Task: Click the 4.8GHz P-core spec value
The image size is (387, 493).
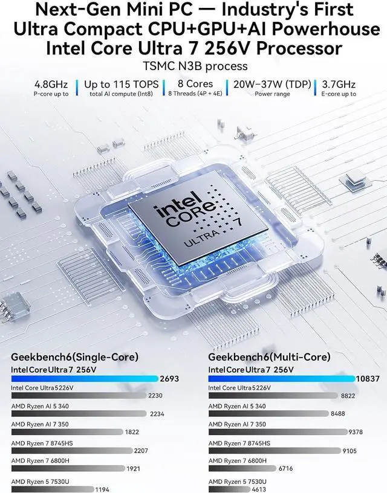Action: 51,84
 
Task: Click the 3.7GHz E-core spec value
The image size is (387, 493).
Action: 340,84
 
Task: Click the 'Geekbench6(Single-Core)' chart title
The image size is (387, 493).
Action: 75,357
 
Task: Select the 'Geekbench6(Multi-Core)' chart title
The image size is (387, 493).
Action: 269,357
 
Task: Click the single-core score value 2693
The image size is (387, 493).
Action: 169,379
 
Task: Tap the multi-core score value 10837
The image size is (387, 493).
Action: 369,379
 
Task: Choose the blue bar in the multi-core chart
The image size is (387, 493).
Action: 281,379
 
